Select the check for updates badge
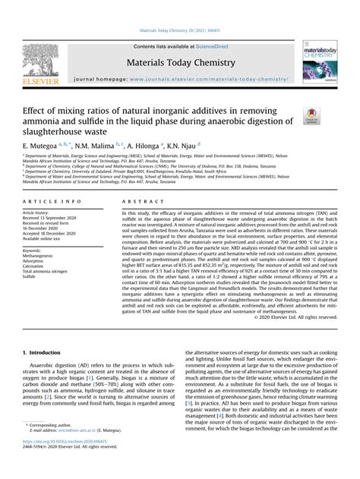coord(311,115)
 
